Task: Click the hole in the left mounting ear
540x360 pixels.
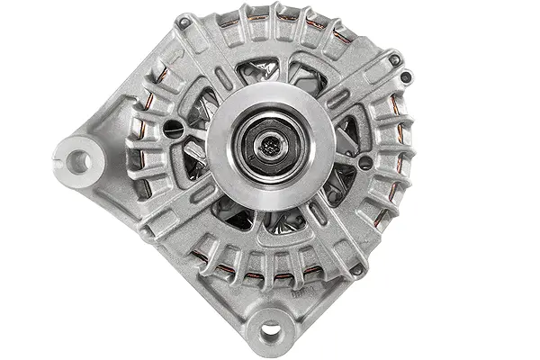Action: pos(79,161)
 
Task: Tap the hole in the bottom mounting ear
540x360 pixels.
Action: pos(270,329)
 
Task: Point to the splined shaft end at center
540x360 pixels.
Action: pos(271,141)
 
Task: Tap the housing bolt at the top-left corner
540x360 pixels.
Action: pos(184,22)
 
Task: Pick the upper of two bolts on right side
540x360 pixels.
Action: pos(394,60)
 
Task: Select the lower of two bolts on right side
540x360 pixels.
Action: pos(364,163)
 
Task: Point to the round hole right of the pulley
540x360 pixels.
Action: pos(364,163)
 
